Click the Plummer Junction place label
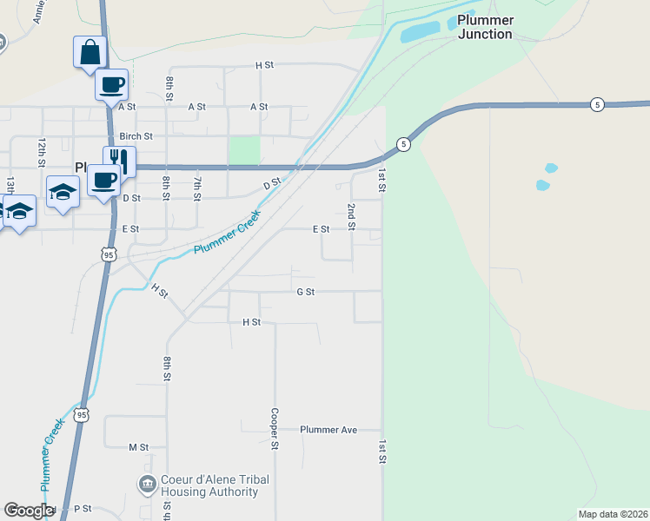[486, 27]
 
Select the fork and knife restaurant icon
[119, 160]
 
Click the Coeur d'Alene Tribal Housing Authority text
[216, 485]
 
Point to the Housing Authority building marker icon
[147, 483]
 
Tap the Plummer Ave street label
[328, 430]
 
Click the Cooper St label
[274, 429]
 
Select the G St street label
[305, 292]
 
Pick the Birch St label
[136, 136]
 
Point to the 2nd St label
[351, 217]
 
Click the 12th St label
[41, 151]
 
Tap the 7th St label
[197, 188]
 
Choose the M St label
[138, 447]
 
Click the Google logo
[29, 511]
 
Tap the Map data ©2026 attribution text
[613, 514]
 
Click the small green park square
[244, 149]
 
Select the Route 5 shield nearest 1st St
[403, 143]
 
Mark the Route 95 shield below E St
[108, 254]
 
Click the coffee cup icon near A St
[111, 84]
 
